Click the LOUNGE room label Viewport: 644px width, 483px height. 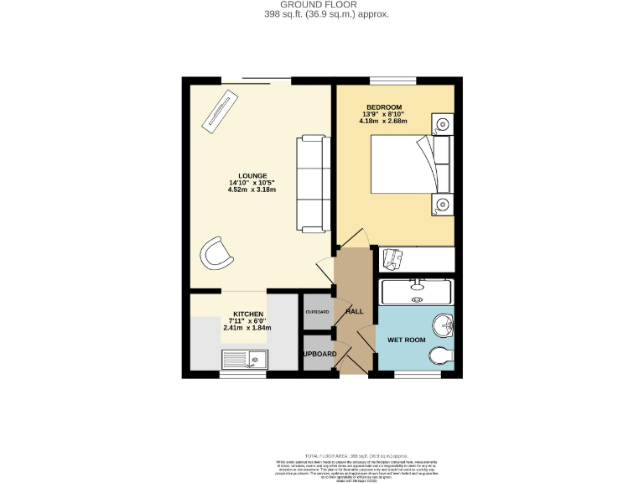point(252,175)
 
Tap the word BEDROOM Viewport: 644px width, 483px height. point(383,106)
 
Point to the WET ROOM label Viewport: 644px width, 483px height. point(406,340)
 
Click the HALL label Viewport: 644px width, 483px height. point(354,311)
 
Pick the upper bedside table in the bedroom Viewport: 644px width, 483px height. point(442,126)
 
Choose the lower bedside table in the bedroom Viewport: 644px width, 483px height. point(442,204)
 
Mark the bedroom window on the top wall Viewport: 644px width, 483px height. point(393,80)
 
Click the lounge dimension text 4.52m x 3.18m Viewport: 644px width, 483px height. point(252,190)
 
